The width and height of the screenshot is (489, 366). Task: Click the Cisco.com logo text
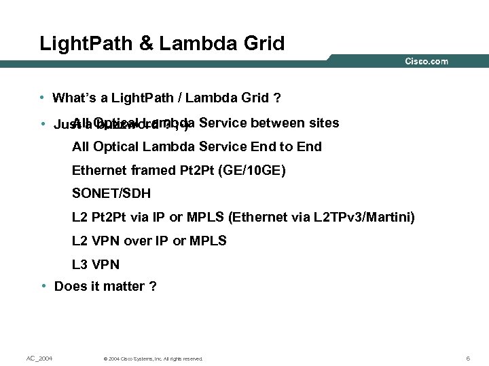(x=427, y=62)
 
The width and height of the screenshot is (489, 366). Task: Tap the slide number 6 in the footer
(x=468, y=358)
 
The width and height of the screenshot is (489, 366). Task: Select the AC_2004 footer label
(x=39, y=358)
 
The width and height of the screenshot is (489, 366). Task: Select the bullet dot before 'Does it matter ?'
(x=43, y=286)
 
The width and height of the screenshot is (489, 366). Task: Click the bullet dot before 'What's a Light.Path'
(x=42, y=98)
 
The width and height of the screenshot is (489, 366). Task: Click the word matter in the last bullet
(x=124, y=287)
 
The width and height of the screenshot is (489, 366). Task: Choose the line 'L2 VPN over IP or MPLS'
(x=149, y=241)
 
